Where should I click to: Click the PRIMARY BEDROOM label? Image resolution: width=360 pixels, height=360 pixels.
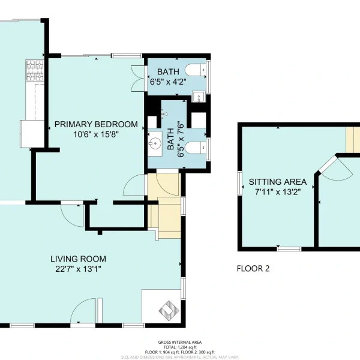[96, 124]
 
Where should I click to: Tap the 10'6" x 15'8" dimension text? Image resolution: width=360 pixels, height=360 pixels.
[96, 134]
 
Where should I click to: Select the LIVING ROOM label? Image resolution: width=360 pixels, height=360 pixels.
[78, 259]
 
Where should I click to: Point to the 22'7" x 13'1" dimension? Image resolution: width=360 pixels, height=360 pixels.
[78, 269]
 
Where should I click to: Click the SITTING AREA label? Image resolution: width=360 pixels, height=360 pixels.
[278, 182]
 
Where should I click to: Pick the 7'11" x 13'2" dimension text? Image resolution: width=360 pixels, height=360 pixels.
[278, 191]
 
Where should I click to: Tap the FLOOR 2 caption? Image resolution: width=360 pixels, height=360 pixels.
[253, 268]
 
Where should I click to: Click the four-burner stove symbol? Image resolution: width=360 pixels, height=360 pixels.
[35, 70]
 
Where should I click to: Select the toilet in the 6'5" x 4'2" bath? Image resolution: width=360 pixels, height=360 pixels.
[196, 70]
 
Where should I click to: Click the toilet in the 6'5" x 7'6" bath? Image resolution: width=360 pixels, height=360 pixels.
[196, 148]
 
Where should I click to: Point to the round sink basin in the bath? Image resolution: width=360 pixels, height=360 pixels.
[155, 144]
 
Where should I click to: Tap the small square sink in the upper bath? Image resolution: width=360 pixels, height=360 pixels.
[199, 97]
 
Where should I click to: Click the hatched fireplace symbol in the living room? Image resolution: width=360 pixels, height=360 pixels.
[169, 311]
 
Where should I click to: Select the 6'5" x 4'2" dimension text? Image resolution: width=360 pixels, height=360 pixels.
[168, 82]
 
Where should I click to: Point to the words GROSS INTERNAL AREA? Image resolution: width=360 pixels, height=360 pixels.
[180, 343]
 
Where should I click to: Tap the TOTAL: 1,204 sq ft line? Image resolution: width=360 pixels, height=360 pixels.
[180, 347]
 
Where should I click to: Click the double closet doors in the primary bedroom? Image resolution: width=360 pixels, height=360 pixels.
[138, 79]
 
